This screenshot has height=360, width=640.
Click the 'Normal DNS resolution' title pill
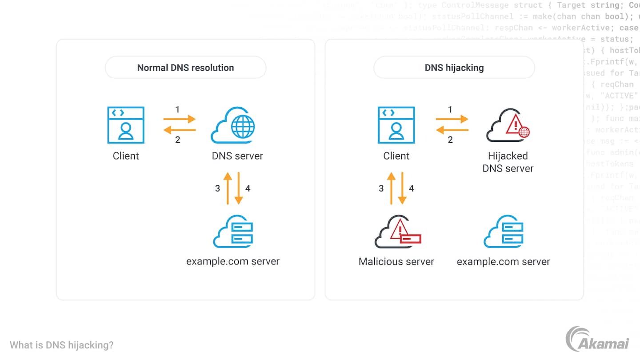pyautogui.click(x=185, y=68)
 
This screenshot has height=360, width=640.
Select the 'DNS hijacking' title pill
pyautogui.click(x=454, y=68)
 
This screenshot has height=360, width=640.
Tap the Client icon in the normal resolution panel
pyautogui.click(x=126, y=125)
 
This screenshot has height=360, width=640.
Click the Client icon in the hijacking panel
pyautogui.click(x=396, y=125)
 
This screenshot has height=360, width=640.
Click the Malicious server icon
pyautogui.click(x=397, y=232)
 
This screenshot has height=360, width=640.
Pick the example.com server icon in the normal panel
pyautogui.click(x=233, y=232)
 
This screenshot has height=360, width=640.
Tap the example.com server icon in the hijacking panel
pyautogui.click(x=503, y=232)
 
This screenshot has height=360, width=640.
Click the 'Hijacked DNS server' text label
pyautogui.click(x=508, y=162)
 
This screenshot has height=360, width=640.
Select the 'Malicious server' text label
pyautogui.click(x=396, y=261)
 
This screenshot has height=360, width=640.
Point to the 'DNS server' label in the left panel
pyautogui.click(x=237, y=156)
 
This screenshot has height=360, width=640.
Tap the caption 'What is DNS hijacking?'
pyautogui.click(x=61, y=345)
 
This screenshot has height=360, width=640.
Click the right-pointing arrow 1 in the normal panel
pyautogui.click(x=180, y=119)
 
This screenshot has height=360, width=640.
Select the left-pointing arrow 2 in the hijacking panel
pyautogui.click(x=452, y=130)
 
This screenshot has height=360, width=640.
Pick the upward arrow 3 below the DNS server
pyautogui.click(x=228, y=188)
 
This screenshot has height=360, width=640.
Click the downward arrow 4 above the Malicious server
pyautogui.click(x=402, y=188)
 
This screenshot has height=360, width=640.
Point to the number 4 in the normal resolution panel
pyautogui.click(x=248, y=188)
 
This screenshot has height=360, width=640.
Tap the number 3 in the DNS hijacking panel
pyautogui.click(x=381, y=188)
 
